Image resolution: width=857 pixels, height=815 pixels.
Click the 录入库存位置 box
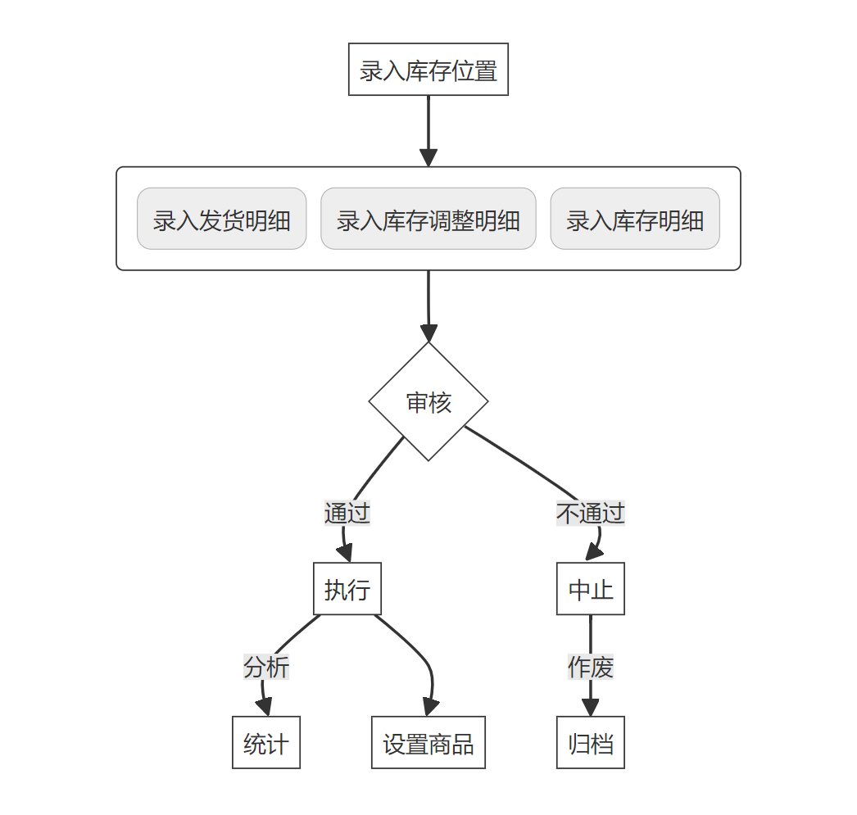[428, 70]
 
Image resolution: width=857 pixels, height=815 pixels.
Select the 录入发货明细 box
[221, 219]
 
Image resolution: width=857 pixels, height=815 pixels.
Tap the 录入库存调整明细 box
[428, 219]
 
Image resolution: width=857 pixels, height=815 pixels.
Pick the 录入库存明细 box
[635, 219]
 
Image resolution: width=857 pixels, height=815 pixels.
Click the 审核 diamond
[428, 401]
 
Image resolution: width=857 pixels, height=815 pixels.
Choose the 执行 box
[347, 589]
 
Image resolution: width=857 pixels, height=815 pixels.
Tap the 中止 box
[590, 589]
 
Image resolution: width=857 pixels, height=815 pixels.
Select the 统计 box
[266, 743]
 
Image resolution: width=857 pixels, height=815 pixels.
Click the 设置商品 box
[428, 743]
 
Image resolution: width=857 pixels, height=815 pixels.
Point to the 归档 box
[590, 743]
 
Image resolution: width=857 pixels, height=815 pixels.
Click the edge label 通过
[347, 514]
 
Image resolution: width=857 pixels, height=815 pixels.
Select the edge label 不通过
[590, 514]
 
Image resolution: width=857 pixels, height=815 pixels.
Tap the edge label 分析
[266, 668]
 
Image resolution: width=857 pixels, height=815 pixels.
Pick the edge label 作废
[590, 668]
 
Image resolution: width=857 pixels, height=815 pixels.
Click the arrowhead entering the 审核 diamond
[428, 333]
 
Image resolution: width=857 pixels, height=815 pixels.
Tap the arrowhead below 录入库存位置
[428, 158]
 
